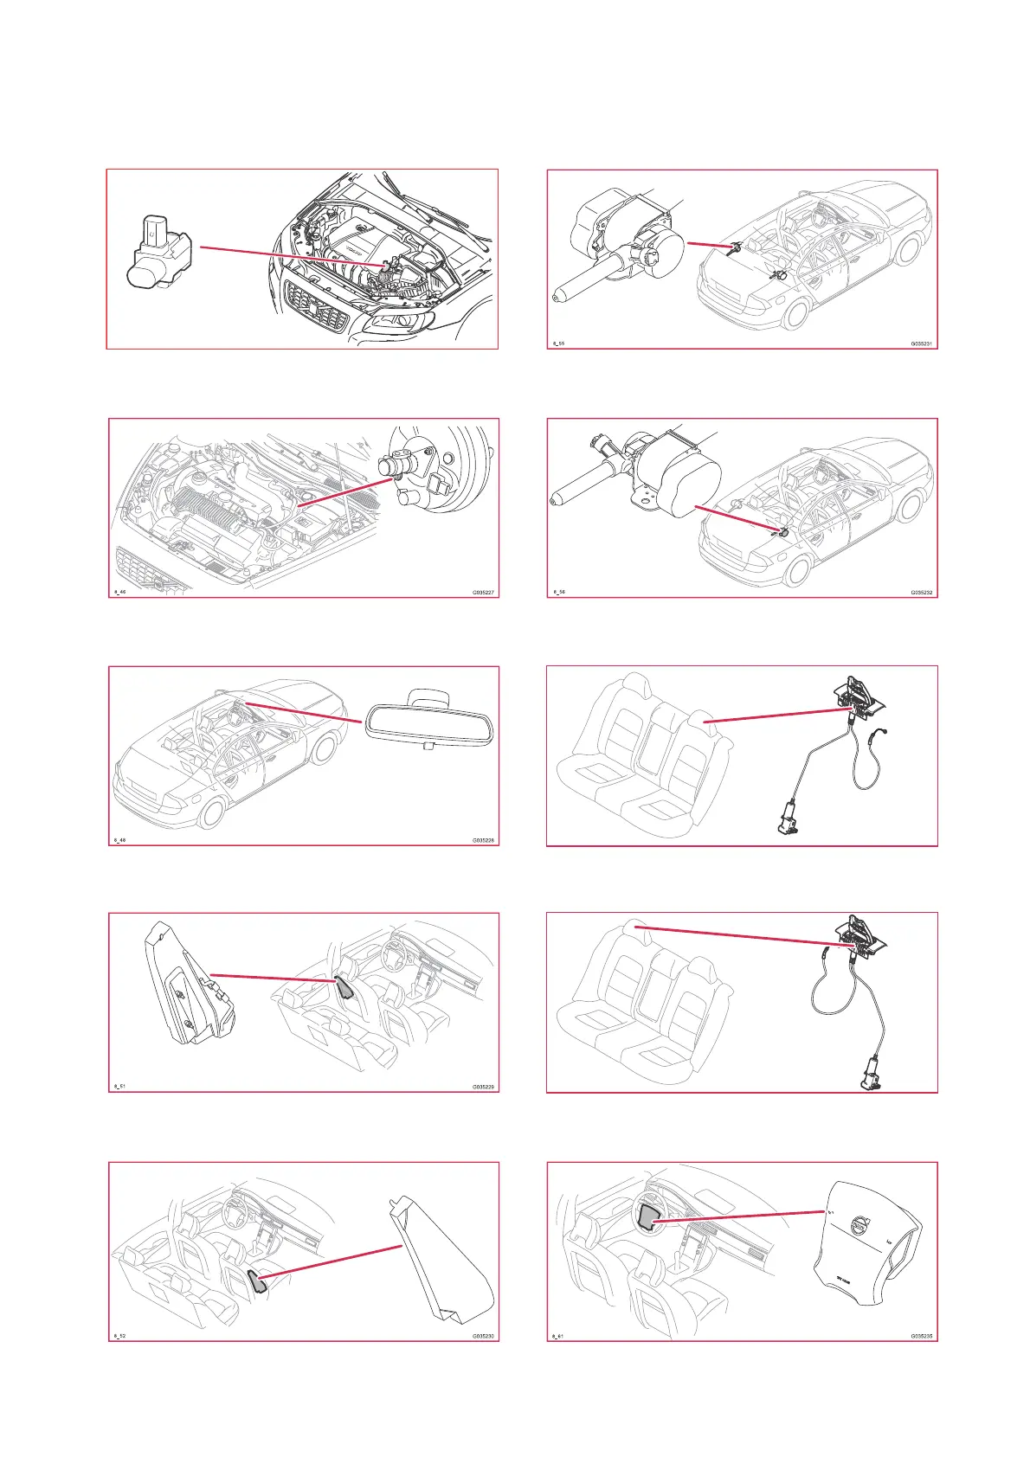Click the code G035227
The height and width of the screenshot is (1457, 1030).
coord(483,593)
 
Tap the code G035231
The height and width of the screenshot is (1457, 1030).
coord(921,343)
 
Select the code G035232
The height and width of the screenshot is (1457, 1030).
coord(921,593)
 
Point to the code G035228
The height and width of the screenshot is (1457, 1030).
coord(483,840)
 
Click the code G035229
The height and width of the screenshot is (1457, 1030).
coord(483,1087)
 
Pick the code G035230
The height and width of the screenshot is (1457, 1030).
coord(483,1336)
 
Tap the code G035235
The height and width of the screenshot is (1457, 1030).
coord(921,1336)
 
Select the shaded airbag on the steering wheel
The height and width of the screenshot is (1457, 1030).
coord(648,1217)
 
